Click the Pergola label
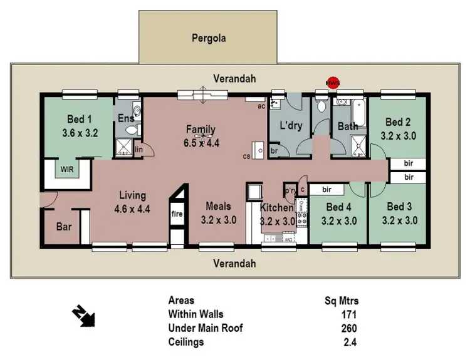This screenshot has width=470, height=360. click(208, 38)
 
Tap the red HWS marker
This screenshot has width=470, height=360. click(332, 82)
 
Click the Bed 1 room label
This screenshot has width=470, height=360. click(80, 120)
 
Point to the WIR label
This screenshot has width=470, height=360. click(67, 169)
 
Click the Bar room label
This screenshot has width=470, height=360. click(64, 227)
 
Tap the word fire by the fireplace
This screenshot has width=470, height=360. click(177, 214)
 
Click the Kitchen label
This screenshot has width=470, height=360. click(276, 208)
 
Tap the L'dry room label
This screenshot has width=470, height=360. click(291, 126)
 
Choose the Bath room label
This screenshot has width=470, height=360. click(348, 126)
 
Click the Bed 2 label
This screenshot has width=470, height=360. click(398, 122)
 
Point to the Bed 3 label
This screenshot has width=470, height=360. click(399, 207)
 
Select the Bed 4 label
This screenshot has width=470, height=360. click(338, 207)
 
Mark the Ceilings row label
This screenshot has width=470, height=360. click(186, 342)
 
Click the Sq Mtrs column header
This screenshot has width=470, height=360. click(342, 301)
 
